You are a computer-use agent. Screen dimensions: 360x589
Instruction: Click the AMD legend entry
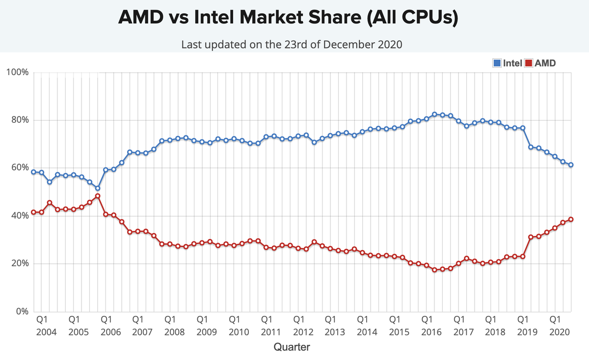[541, 63]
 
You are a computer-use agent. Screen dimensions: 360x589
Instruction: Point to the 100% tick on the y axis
[18, 73]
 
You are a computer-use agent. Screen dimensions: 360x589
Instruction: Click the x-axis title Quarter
[292, 347]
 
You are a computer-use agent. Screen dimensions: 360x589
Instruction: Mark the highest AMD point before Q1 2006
[98, 196]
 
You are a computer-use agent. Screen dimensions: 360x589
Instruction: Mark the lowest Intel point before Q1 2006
[98, 188]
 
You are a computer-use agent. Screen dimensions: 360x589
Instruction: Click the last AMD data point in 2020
[571, 219]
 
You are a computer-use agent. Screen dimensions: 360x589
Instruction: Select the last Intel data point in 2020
[571, 165]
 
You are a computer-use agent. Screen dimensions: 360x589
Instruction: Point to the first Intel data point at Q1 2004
[33, 172]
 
